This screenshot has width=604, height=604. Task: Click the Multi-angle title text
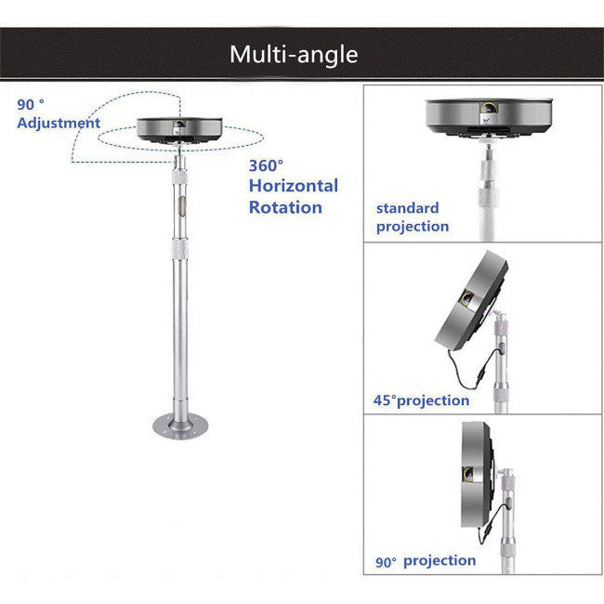tap(294, 54)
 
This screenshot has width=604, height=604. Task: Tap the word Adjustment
tap(59, 123)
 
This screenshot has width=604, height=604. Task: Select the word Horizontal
tap(294, 186)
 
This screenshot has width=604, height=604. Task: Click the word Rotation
tap(285, 207)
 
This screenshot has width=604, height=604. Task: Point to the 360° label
tap(266, 165)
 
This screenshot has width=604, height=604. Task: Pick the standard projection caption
tap(413, 217)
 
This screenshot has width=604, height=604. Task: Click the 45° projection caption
tap(422, 400)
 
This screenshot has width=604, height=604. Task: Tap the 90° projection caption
tap(426, 561)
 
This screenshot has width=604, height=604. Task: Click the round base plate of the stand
tap(180, 426)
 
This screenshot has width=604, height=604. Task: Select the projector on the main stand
tap(179, 130)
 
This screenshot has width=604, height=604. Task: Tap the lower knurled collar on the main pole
tap(180, 248)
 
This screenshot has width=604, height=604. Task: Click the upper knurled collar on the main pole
tap(180, 177)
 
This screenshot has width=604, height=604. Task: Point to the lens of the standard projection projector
tap(489, 108)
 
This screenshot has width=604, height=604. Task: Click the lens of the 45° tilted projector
tap(468, 297)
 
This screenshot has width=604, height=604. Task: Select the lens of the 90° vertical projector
tap(468, 474)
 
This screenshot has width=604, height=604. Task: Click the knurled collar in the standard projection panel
tap(489, 195)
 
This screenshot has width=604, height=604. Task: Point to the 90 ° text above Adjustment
tap(31, 104)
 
